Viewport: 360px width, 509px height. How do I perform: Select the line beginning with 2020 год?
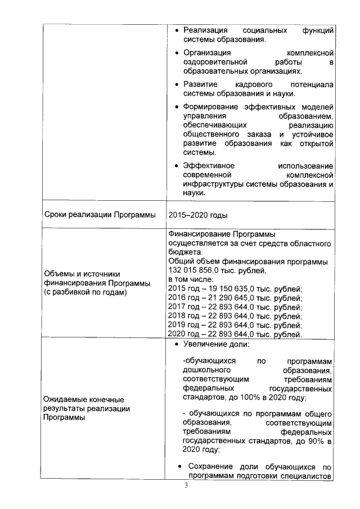pos(235,334)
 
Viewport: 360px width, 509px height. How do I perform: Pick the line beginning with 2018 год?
pos(235,316)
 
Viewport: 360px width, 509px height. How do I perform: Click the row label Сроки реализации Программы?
pos(99,215)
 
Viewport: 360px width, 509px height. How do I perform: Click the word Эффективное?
pos(209,166)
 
